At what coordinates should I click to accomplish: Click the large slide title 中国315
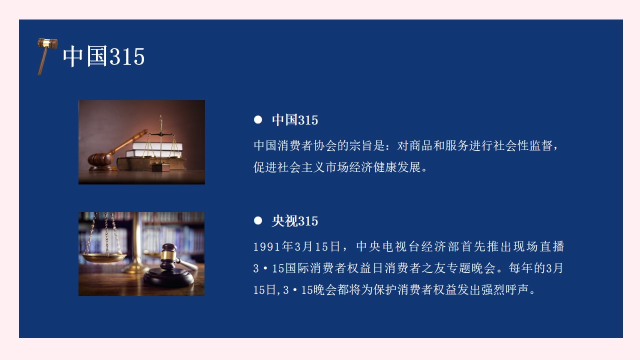103,56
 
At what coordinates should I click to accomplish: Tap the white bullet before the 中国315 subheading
258,119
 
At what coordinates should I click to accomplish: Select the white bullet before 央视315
258,220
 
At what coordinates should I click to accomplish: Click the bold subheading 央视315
295,221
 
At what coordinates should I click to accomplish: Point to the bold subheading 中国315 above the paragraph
295,120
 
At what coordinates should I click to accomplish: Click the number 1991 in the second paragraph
267,247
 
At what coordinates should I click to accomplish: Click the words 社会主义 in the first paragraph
301,167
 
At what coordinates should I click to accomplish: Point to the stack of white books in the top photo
155,149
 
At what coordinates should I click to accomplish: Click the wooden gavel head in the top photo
99,159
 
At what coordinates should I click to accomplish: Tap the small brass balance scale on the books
161,143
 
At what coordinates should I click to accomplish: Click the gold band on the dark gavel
168,256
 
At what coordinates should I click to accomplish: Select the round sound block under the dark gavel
168,276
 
